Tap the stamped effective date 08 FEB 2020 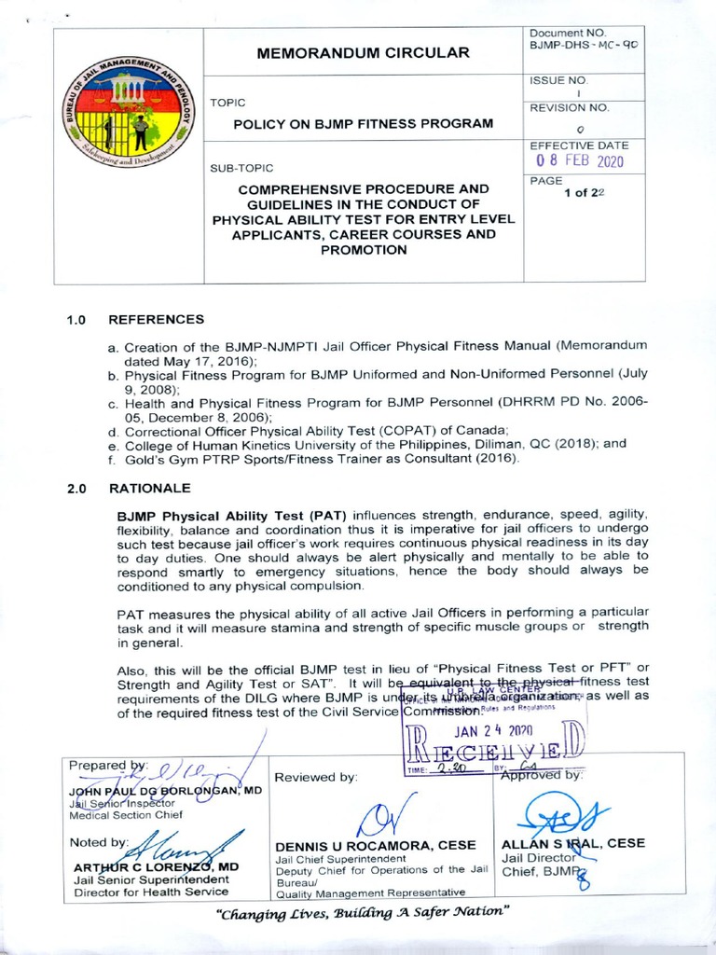click(579, 160)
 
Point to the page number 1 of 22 click(586, 192)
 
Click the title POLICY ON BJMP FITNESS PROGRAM click(363, 123)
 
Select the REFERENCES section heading click(156, 319)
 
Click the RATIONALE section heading click(149, 488)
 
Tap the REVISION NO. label click(569, 107)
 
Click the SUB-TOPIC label click(241, 168)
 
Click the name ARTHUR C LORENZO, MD click(156, 866)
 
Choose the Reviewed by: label click(315, 777)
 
